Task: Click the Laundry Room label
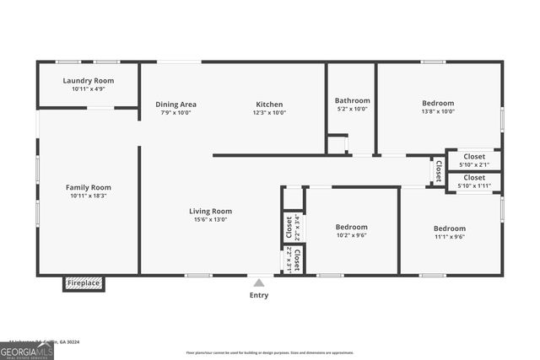coord(88,80)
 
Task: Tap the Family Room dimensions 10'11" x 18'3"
coord(88,196)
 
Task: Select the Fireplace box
coord(84,283)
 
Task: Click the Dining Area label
coord(175,105)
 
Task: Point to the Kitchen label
coord(270,105)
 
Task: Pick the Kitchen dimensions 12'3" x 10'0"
coord(270,113)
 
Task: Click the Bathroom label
coord(352,100)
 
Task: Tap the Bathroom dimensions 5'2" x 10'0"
coord(352,109)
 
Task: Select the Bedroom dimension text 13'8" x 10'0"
coord(438,111)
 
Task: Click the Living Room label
coord(210,211)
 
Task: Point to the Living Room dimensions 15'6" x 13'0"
coord(210,219)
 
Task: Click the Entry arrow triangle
coord(259,283)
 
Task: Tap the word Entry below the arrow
coord(259,295)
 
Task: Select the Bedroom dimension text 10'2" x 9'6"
coord(351,235)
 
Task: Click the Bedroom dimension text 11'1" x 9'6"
coord(449,237)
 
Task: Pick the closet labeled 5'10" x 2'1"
coord(474,160)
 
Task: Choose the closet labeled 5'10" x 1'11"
coord(474,182)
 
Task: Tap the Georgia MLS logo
coord(26,351)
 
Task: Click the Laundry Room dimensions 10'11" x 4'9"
coord(88,89)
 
